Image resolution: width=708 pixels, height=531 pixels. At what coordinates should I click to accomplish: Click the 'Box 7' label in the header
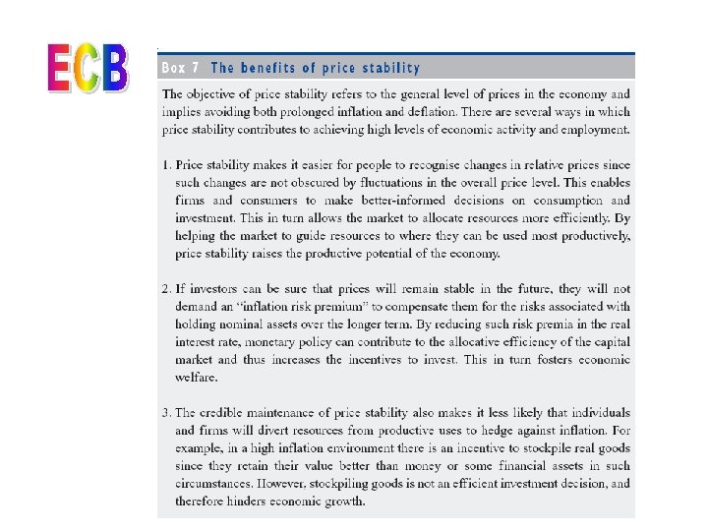(181, 68)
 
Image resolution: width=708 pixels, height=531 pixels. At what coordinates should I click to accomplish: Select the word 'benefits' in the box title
(276, 68)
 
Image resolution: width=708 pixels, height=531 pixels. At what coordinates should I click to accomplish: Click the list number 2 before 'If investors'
(166, 288)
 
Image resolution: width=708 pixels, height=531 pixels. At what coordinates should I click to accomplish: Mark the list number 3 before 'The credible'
(166, 412)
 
